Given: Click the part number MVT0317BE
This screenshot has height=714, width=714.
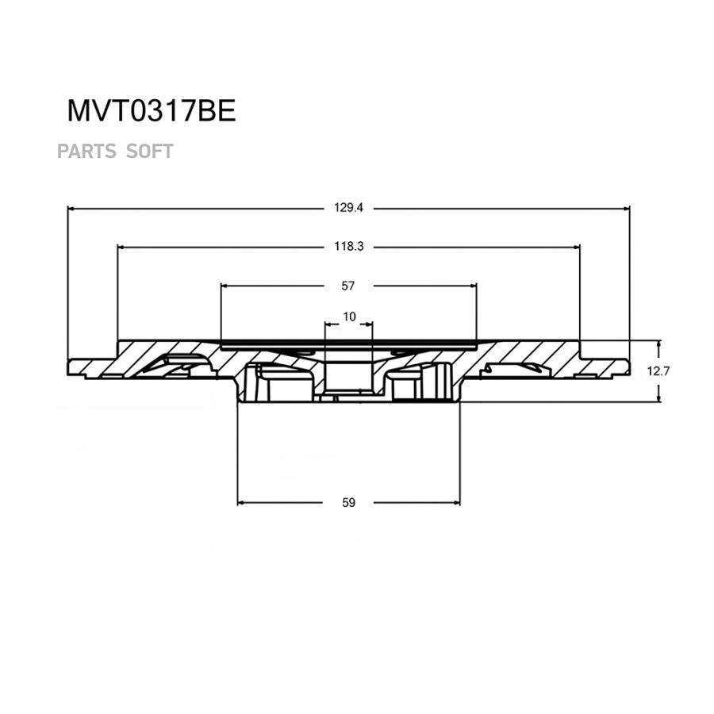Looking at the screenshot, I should coord(151,111).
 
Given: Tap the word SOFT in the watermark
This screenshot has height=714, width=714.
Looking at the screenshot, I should coord(150,151).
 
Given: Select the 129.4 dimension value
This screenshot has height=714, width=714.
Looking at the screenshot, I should coord(348,208).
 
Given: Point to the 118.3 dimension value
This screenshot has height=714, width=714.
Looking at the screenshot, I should coord(348,247).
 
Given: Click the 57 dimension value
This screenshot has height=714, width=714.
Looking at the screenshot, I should coord(348,285).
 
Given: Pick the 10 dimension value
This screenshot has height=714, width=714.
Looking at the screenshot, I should coord(349,317).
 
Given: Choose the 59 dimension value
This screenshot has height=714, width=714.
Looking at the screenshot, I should coord(348,502).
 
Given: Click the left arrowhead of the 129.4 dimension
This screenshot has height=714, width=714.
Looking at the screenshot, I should coord(71,208).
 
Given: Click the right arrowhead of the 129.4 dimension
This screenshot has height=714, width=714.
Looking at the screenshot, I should coord(626,208).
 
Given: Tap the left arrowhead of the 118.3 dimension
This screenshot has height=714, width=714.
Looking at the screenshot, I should coord(121,247).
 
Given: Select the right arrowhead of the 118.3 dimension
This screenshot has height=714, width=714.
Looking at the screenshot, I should coord(577,247).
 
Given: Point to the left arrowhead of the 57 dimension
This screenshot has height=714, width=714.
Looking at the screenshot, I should coord(225,285).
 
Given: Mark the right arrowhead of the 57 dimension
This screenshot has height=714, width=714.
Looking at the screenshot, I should coord(474,285).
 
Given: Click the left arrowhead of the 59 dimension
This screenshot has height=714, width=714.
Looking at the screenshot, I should coord(242,502).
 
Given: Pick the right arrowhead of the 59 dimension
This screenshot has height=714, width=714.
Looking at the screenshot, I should coord(456,502).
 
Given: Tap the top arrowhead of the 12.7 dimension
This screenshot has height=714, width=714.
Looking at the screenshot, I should coord(658,344).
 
